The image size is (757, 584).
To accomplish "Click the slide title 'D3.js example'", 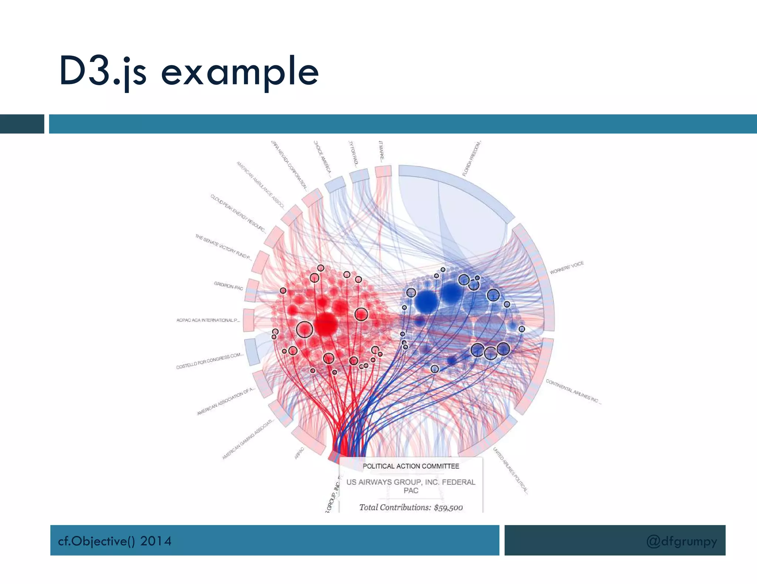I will click(x=189, y=71).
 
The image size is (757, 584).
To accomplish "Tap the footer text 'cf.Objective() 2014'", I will click(x=115, y=541).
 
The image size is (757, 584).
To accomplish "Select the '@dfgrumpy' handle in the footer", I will click(x=681, y=541).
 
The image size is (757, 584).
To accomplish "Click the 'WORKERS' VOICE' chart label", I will click(x=566, y=268).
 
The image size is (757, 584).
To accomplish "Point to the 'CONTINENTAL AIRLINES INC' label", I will click(x=573, y=392).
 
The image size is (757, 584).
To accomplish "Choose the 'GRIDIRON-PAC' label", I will click(x=228, y=286).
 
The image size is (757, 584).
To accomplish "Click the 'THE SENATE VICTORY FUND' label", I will click(x=223, y=247).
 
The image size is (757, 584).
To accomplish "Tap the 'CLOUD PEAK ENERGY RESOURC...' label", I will click(x=238, y=213).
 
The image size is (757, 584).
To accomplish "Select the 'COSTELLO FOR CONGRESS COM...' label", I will click(x=210, y=361).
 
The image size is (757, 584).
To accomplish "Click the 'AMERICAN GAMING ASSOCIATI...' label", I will click(x=248, y=439).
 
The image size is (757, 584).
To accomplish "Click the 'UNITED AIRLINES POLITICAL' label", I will click(x=510, y=470).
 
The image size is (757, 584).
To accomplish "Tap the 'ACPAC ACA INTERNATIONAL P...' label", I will click(x=208, y=320).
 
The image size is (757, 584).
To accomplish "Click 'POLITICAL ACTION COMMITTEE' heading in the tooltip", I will click(x=411, y=466).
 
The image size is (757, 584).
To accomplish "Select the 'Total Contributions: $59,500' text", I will click(x=411, y=508).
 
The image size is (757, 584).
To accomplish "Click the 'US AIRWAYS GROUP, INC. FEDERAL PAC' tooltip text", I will click(x=411, y=486).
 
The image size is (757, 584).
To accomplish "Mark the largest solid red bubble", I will click(x=326, y=324).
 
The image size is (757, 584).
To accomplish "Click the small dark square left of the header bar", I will click(x=22, y=124).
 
